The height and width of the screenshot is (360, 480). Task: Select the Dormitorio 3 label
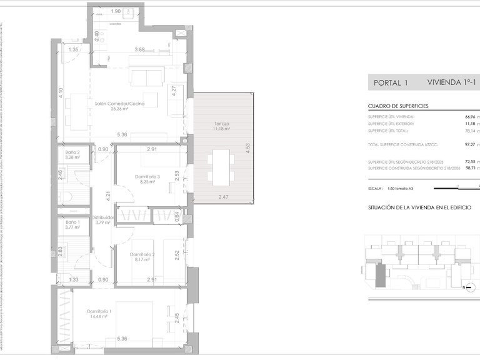[147, 177]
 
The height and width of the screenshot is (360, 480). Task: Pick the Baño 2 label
[74, 154]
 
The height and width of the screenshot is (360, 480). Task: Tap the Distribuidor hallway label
[102, 218]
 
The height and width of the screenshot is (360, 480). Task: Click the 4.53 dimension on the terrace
[247, 151]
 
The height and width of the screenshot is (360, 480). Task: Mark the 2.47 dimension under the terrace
[224, 197]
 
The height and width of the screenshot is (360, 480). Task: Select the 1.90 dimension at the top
[116, 11]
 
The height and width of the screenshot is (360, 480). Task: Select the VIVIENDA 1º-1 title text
[450, 82]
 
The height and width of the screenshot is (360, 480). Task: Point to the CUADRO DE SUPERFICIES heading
[397, 107]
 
